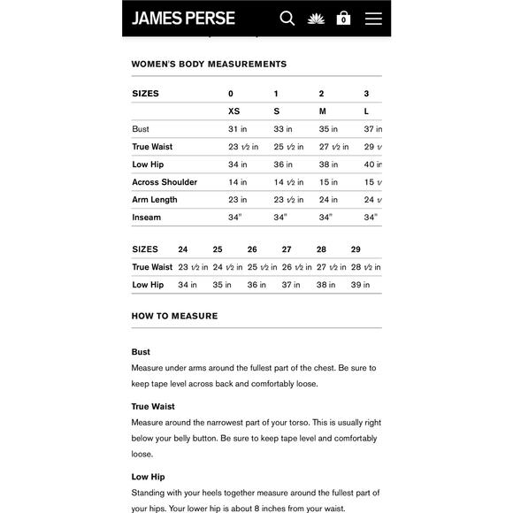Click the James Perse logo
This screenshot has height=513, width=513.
pyautogui.click(x=183, y=18)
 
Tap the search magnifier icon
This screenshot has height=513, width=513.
pyautogui.click(x=287, y=18)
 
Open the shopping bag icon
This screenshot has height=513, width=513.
pyautogui.click(x=343, y=18)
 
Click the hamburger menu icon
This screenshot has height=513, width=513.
pyautogui.click(x=373, y=18)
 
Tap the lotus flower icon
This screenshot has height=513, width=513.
pyautogui.click(x=316, y=18)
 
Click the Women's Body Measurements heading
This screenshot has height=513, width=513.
pyautogui.click(x=209, y=65)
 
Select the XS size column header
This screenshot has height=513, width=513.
pyautogui.click(x=234, y=111)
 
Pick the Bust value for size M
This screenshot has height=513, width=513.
pyautogui.click(x=328, y=129)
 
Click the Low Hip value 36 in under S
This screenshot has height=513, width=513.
pyautogui.click(x=283, y=165)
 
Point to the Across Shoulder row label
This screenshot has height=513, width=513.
pyautogui.click(x=165, y=182)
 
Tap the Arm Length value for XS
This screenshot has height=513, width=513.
pyautogui.click(x=237, y=200)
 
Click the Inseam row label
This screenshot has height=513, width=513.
pyautogui.click(x=147, y=218)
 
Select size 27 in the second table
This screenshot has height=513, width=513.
pyautogui.click(x=287, y=249)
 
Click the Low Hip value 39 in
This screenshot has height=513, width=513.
pyautogui.click(x=360, y=285)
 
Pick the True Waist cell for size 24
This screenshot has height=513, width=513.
pyautogui.click(x=193, y=267)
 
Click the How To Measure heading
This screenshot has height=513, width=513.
pyautogui.click(x=174, y=316)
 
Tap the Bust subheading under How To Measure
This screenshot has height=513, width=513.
pyautogui.click(x=141, y=352)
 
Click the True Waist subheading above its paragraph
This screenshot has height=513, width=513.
pyautogui.click(x=153, y=407)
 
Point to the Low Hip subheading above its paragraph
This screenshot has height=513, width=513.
pyautogui.click(x=148, y=477)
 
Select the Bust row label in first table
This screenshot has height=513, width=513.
pyautogui.click(x=141, y=129)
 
